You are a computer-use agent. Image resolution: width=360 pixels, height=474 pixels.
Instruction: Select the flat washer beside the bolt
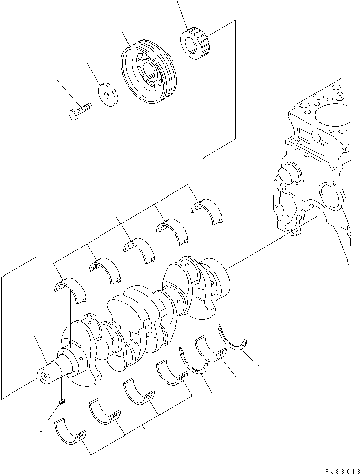click(107, 95)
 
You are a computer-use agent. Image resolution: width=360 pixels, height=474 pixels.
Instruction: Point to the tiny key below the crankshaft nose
click(61, 402)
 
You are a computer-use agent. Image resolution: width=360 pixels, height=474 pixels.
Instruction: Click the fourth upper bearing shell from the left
click(172, 230)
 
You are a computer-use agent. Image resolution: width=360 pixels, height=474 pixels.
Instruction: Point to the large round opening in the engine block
click(332, 195)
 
